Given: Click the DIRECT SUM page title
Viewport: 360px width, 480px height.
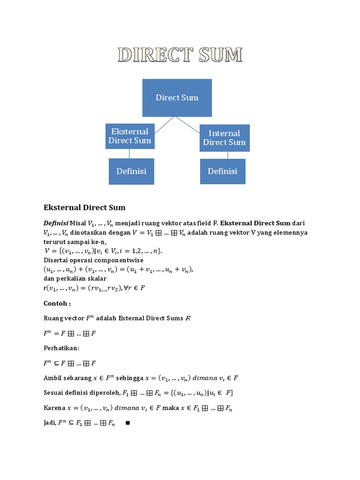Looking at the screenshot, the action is point(180,55).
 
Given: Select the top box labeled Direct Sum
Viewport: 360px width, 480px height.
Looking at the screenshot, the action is point(177,97).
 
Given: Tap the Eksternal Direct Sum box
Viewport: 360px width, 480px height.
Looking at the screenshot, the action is point(129,136).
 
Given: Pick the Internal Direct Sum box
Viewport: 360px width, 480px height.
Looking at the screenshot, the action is point(224,138).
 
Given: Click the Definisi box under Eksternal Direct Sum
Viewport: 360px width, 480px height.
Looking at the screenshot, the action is point(131,171).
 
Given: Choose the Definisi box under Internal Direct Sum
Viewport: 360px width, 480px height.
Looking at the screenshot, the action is point(222,171).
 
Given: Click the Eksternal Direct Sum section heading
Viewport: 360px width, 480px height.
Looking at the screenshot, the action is point(84,207).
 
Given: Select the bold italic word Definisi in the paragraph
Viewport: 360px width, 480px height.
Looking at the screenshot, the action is point(56,223).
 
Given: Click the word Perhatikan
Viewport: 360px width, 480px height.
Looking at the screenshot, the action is point(61,348).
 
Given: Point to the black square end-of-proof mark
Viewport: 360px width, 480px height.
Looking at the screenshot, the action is point(127,423).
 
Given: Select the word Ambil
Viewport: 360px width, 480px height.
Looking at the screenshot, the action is point(52,378).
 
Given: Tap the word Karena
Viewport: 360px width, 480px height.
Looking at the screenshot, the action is point(54,408).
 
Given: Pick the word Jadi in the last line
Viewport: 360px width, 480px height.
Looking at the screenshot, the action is point(50,423).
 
